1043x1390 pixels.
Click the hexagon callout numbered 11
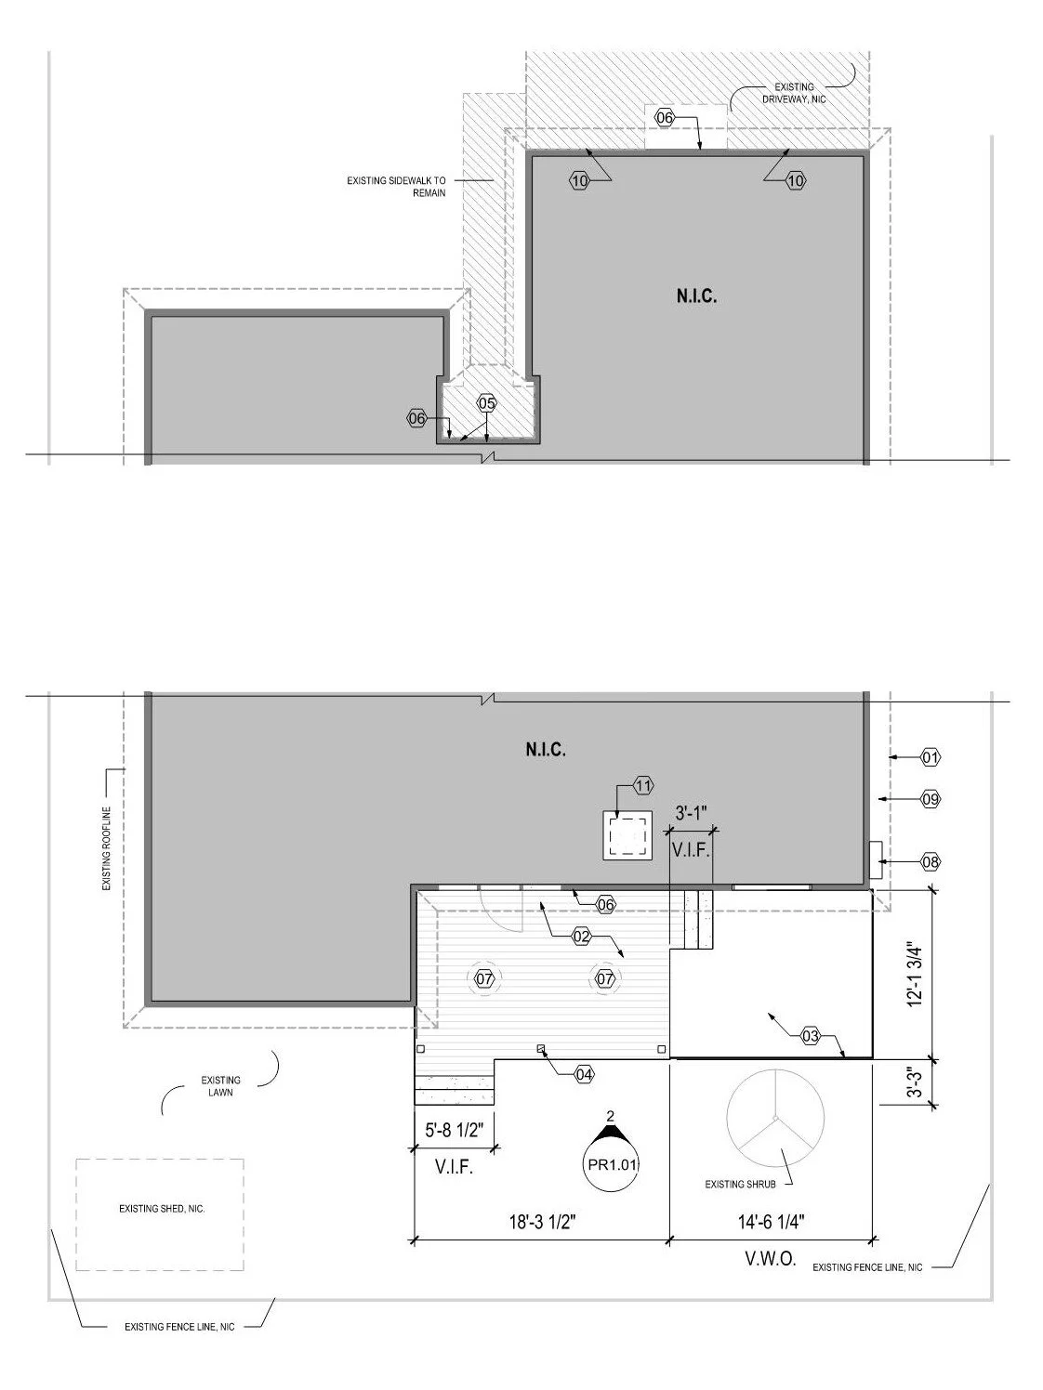[643, 787]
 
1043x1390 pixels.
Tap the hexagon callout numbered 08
[930, 862]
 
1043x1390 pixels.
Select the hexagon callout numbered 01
[931, 758]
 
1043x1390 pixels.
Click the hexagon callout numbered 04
[584, 1074]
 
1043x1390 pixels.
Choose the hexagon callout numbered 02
[581, 937]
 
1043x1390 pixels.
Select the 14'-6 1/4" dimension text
[771, 1222]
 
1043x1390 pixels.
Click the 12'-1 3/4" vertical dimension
[918, 973]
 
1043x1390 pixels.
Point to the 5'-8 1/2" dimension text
[452, 1132]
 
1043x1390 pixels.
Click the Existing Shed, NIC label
[161, 1210]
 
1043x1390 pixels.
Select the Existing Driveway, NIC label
[794, 93]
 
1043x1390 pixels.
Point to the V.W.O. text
[771, 1262]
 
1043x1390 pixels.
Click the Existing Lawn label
[220, 1086]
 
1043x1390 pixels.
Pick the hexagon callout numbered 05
[487, 403]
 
